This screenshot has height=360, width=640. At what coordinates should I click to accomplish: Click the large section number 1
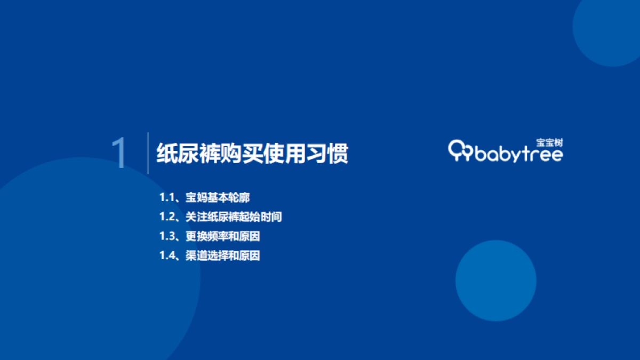pos(119,154)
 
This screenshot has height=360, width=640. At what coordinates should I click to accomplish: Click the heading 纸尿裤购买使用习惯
pos(252,154)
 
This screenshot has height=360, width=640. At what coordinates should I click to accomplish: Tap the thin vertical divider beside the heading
pos(148,153)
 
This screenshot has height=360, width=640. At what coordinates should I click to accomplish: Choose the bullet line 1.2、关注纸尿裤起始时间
pos(220,217)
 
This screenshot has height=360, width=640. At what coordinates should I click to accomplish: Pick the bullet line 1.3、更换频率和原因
pos(210,236)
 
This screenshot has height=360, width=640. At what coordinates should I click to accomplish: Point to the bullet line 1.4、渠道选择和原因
pos(210,255)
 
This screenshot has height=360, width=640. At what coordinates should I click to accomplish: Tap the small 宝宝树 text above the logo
pos(549,142)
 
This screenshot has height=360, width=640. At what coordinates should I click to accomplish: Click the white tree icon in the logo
pos(460,150)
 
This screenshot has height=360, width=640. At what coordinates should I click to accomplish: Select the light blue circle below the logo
pos(495,281)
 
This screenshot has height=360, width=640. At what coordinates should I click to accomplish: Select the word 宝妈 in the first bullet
pos(194,197)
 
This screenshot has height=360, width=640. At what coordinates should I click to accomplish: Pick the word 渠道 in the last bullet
pos(194,255)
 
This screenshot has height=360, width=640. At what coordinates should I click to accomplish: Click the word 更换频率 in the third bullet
pos(204,236)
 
